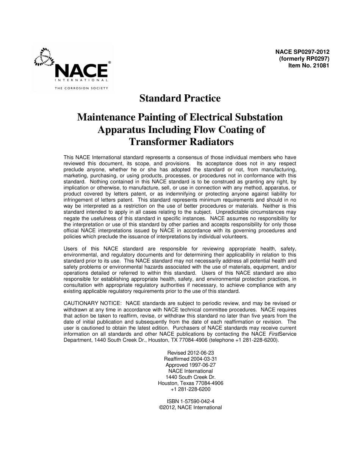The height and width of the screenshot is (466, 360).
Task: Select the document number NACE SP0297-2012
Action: coord(302,52)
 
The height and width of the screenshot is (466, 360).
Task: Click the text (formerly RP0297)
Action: coord(304,59)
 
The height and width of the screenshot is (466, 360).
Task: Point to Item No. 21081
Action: coord(309,65)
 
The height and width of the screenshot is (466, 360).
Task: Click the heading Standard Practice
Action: coord(180,99)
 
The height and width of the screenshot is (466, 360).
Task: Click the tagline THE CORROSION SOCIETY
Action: coord(81,88)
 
